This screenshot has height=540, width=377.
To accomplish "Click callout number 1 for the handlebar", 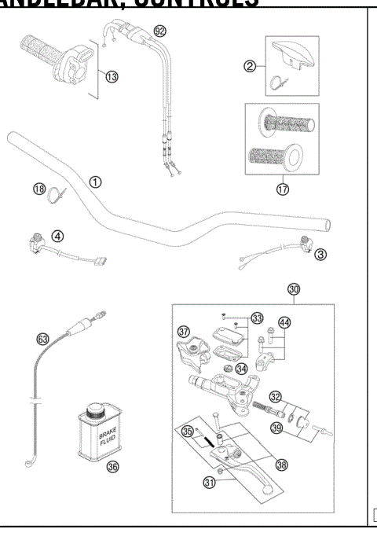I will click(94, 182).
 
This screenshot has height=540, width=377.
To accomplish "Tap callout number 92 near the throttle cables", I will click(160, 31).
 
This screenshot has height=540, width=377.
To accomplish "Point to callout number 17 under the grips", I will click(281, 189).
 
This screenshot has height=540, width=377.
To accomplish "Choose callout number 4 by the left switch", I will click(57, 234).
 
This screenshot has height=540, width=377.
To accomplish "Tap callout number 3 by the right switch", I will click(320, 254).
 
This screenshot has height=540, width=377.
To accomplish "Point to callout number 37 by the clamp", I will click(184, 330).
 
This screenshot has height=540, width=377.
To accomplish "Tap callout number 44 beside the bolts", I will click(284, 323).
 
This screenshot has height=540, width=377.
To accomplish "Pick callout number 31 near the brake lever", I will click(210, 483).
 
